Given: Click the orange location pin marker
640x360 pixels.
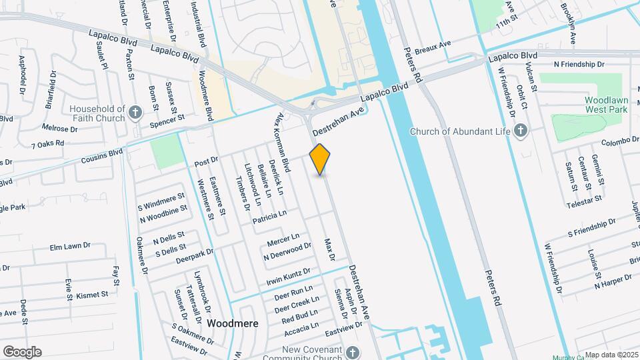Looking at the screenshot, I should tap(320, 159).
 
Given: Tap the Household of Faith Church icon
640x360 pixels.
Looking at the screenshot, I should tap(135, 112).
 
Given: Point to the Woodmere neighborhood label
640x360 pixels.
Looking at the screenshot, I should tap(232, 323).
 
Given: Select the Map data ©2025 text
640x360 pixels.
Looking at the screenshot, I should tap(610, 355).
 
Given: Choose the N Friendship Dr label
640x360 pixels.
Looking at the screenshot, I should tap(578, 65).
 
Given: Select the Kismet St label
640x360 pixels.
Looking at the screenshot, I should tap(92, 294).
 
